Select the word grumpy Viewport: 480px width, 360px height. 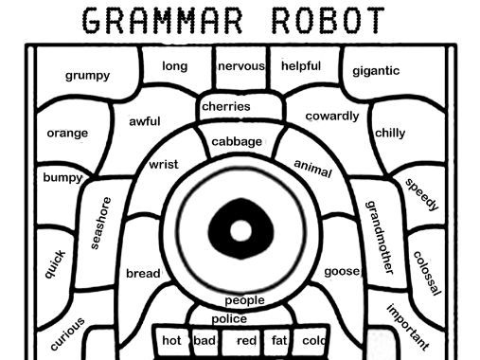point(87,75)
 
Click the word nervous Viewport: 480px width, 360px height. point(240,66)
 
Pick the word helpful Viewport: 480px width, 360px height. point(301,66)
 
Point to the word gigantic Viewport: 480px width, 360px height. point(376,70)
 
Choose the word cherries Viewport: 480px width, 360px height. point(226,106)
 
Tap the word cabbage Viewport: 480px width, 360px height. point(237,141)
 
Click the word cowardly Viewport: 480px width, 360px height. point(332,117)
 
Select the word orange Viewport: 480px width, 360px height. point(66,133)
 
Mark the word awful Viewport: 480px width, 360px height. point(145,121)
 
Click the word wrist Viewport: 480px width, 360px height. point(164,165)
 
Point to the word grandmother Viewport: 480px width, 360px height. point(379,236)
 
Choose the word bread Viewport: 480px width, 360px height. point(143,274)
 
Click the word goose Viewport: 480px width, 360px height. point(341,271)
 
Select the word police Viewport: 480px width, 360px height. point(229,318)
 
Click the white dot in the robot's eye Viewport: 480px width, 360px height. point(241,229)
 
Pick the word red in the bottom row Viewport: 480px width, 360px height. point(246,340)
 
